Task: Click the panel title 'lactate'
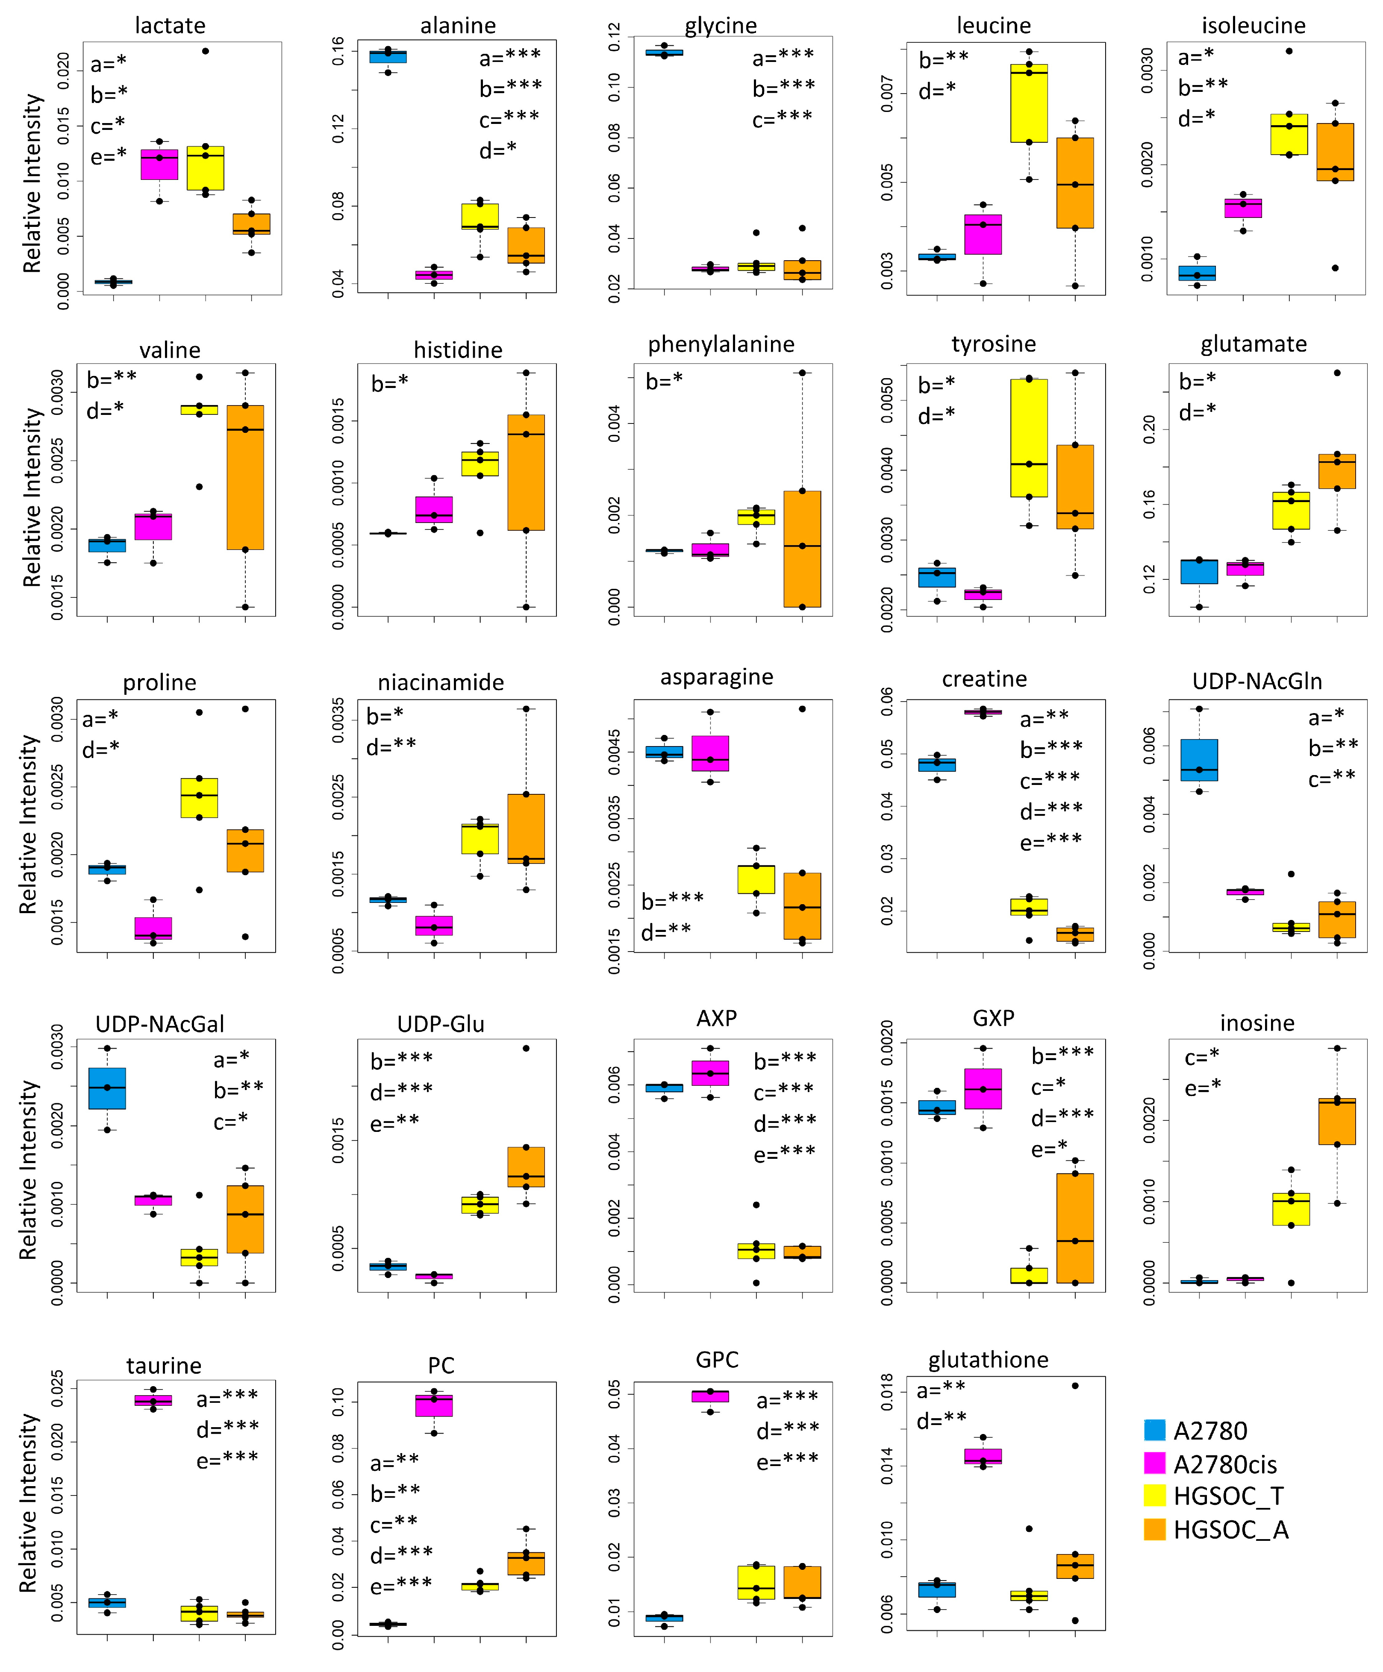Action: point(170,26)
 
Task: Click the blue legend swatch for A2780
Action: point(1154,1431)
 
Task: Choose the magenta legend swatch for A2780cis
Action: point(1154,1463)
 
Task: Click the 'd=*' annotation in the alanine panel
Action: point(497,150)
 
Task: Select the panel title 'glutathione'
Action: point(988,1360)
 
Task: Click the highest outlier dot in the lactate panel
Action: point(206,51)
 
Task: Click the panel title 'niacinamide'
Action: point(440,682)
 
